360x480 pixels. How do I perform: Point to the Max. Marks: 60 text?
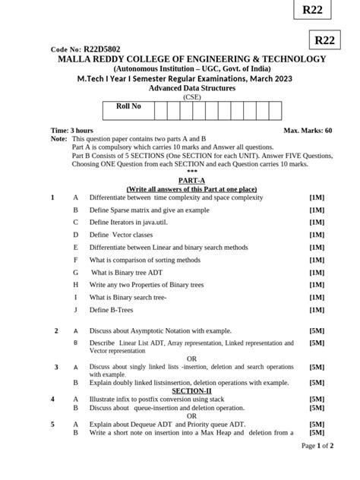(308, 131)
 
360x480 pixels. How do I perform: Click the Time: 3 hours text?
(71, 131)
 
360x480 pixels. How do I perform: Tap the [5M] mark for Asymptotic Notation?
(317, 331)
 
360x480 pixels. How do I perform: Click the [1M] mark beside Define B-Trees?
(317, 310)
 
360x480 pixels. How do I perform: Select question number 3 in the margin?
(56, 368)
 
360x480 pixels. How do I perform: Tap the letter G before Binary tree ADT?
(75, 272)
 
